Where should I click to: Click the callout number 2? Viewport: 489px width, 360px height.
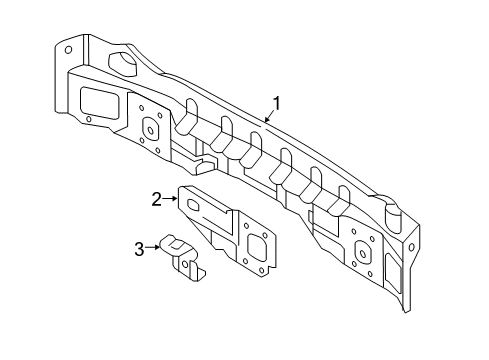tap(157, 199)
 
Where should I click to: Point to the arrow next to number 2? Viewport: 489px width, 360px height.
tap(171, 199)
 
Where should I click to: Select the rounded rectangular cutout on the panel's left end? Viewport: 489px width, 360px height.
tap(96, 101)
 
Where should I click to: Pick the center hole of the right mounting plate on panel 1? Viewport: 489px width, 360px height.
tap(362, 251)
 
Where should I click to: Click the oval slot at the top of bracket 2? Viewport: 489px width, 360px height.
tap(198, 205)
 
